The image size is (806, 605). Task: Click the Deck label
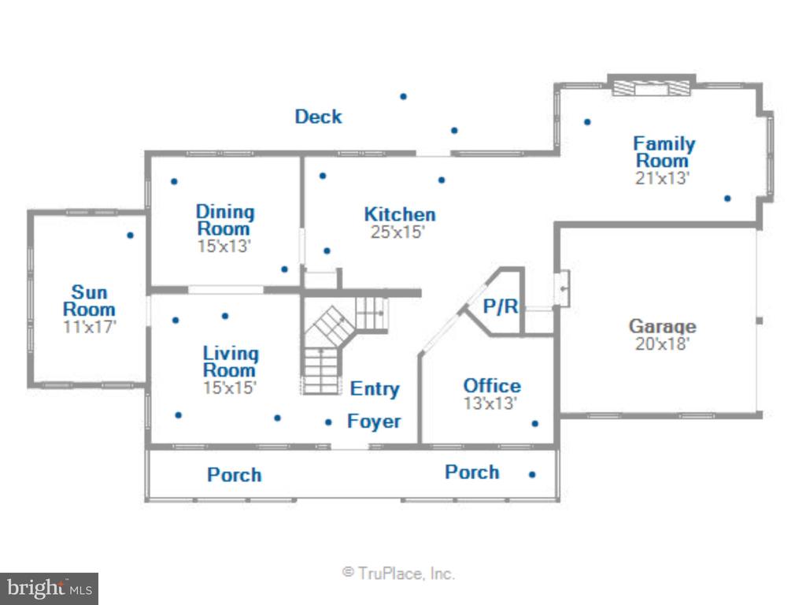(318, 117)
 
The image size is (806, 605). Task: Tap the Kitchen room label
(400, 214)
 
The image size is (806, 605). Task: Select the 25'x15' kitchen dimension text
(397, 232)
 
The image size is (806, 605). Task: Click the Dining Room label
(225, 221)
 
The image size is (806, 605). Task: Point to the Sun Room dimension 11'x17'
(90, 327)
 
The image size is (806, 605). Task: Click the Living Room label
(231, 362)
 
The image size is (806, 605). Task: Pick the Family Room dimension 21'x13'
(662, 178)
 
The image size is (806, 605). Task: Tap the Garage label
(663, 326)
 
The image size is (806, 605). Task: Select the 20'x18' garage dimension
(662, 343)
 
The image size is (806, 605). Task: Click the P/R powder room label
(501, 306)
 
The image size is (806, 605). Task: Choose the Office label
(492, 386)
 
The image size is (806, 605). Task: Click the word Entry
(375, 389)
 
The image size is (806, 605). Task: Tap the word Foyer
(374, 421)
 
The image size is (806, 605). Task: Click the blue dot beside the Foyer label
(328, 422)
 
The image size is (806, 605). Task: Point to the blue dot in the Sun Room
(130, 235)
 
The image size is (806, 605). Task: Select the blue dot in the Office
(535, 423)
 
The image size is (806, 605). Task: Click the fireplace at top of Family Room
(651, 88)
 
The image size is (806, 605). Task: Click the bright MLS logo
(50, 588)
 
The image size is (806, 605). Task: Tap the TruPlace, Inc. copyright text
(399, 573)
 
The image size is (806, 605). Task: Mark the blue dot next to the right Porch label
(532, 474)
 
